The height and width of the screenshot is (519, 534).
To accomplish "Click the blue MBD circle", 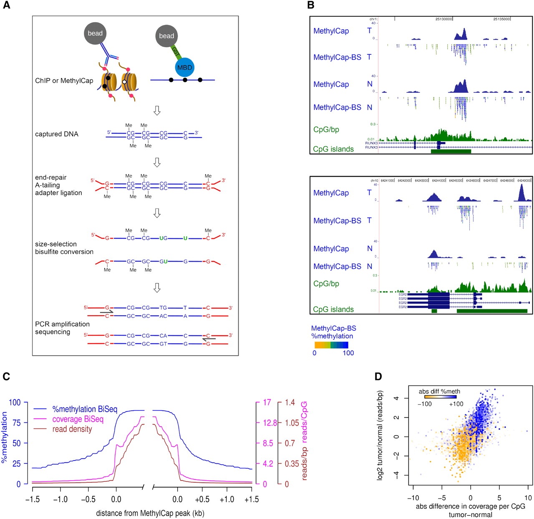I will [x=184, y=67].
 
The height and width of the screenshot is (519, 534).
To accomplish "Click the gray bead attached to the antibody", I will [x=95, y=33].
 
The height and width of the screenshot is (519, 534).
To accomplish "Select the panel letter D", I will [x=378, y=376].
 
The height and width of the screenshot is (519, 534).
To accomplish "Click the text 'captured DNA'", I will [x=57, y=134].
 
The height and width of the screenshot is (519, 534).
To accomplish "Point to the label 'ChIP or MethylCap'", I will [x=64, y=81].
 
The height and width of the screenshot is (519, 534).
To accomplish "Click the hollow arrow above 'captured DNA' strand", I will [x=157, y=111].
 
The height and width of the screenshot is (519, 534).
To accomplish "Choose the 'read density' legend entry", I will [x=72, y=429].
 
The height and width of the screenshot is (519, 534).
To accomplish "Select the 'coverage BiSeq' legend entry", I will [x=78, y=419].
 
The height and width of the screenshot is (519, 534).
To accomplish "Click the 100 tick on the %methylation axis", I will [x=15, y=403].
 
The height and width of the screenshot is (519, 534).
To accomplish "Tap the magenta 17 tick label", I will [x=267, y=403].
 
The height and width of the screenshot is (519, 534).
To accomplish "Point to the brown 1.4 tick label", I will [x=290, y=403].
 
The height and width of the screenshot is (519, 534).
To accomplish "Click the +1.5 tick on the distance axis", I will [x=252, y=499].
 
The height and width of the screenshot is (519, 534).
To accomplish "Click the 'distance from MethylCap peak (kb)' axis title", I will [x=150, y=513].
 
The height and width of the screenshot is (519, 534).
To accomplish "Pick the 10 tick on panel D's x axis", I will [x=528, y=498].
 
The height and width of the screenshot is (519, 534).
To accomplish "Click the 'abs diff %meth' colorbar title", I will [x=439, y=391].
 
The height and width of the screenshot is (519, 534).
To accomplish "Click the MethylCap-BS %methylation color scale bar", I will [x=331, y=345].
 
